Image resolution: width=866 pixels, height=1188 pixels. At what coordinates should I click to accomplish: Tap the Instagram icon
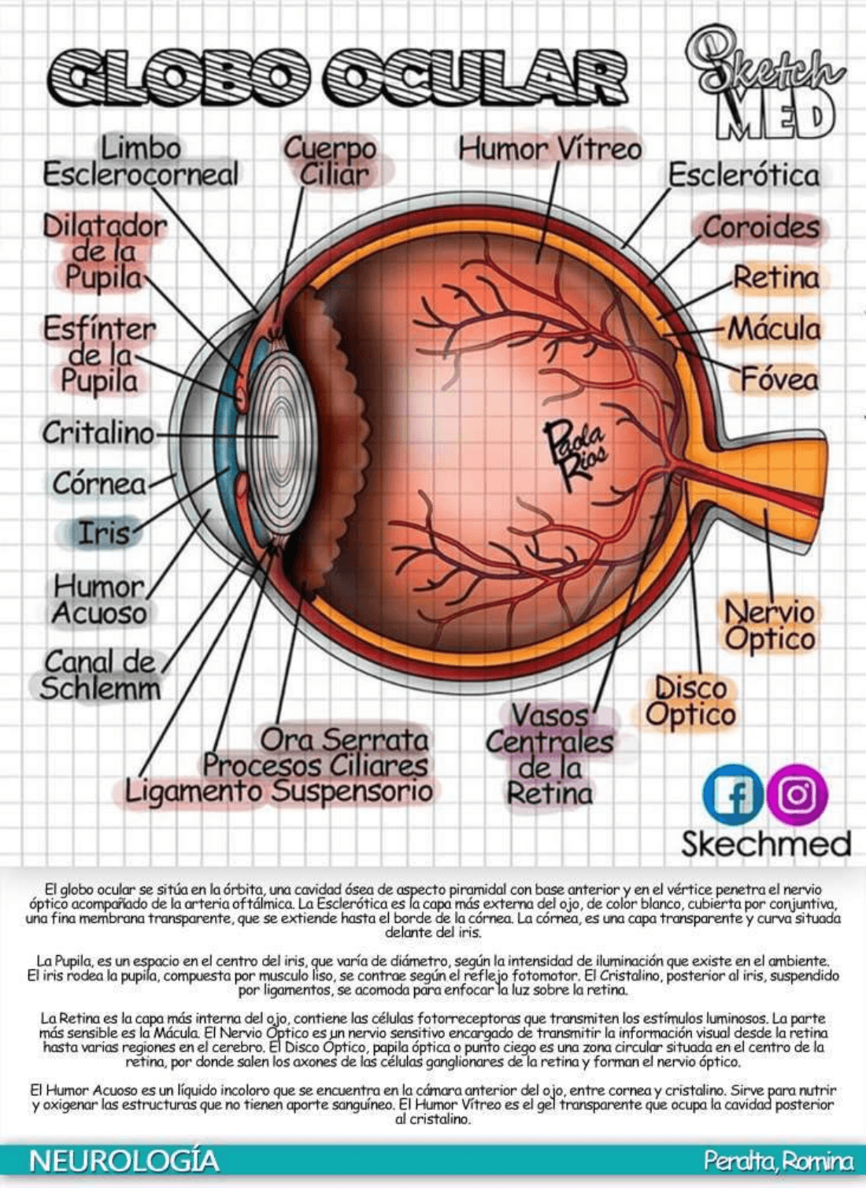pyautogui.click(x=797, y=794)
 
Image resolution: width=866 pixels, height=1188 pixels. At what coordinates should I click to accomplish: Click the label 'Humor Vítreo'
pyautogui.click(x=550, y=149)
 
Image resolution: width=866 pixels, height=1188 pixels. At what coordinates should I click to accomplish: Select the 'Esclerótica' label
pyautogui.click(x=743, y=175)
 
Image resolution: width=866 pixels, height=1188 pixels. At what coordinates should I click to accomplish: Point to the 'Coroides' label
pyautogui.click(x=761, y=228)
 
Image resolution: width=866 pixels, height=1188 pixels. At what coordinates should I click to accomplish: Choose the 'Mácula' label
pyautogui.click(x=773, y=329)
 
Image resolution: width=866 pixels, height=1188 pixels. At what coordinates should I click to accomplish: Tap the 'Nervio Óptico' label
pyautogui.click(x=769, y=625)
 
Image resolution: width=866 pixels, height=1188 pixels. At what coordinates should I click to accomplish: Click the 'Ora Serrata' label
pyautogui.click(x=344, y=739)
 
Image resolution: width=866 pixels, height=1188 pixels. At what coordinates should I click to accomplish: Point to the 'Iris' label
pyautogui.click(x=102, y=533)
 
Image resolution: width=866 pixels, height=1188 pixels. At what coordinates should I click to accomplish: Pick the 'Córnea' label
pyautogui.click(x=99, y=483)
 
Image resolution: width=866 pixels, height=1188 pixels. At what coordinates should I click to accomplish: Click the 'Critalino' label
pyautogui.click(x=98, y=432)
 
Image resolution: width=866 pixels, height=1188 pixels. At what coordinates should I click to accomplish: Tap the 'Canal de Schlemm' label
pyautogui.click(x=99, y=675)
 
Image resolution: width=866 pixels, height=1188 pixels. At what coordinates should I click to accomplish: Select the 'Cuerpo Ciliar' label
pyautogui.click(x=331, y=161)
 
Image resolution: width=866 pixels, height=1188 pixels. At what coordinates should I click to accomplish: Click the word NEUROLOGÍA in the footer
pyautogui.click(x=124, y=1160)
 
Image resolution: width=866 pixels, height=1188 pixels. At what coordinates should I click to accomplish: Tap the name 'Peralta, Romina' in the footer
pyautogui.click(x=778, y=1161)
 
